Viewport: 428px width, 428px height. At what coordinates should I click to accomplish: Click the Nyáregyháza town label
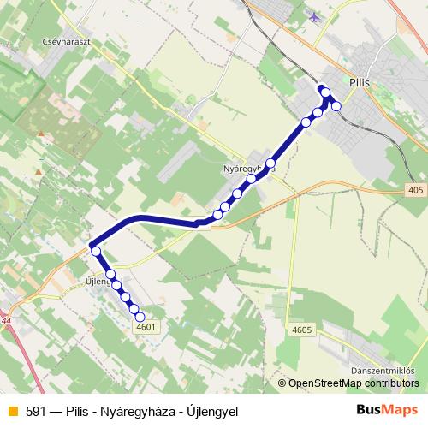(x=247, y=169)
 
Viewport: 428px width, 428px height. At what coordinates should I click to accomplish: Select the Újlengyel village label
(x=100, y=281)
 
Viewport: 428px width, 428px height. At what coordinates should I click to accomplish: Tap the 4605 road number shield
(x=301, y=329)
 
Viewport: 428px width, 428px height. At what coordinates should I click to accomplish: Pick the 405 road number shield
(x=415, y=190)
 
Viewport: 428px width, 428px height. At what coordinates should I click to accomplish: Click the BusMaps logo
(x=387, y=410)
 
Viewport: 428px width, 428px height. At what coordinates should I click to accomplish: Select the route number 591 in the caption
(x=35, y=411)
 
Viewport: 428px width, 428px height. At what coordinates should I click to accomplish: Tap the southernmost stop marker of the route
(x=141, y=318)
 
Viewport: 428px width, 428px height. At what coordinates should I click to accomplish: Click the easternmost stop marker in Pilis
(x=336, y=105)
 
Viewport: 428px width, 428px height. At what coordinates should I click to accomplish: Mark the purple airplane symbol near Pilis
(x=316, y=16)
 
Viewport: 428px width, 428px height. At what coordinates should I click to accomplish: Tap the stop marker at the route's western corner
(x=96, y=252)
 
